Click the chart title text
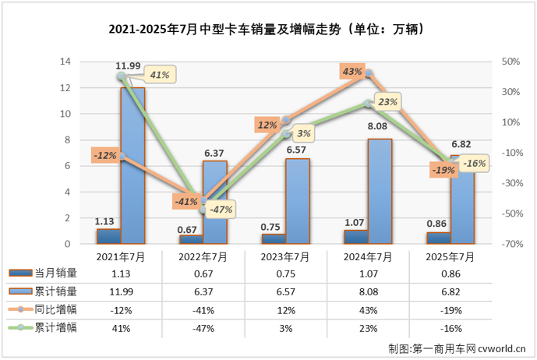(x=268, y=30)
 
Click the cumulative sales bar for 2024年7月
(x=379, y=191)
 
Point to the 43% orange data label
(x=352, y=72)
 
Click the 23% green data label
(x=388, y=101)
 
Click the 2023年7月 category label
(x=284, y=257)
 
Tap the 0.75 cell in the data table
(x=284, y=274)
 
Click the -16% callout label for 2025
(x=474, y=164)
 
